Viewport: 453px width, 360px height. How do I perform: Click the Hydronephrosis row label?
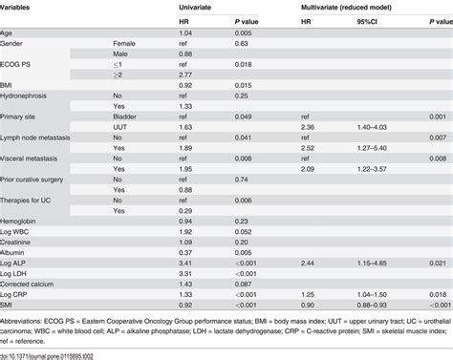click(28, 96)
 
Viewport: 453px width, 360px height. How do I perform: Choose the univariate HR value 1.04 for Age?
click(186, 32)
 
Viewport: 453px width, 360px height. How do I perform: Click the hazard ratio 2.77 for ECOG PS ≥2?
click(186, 74)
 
